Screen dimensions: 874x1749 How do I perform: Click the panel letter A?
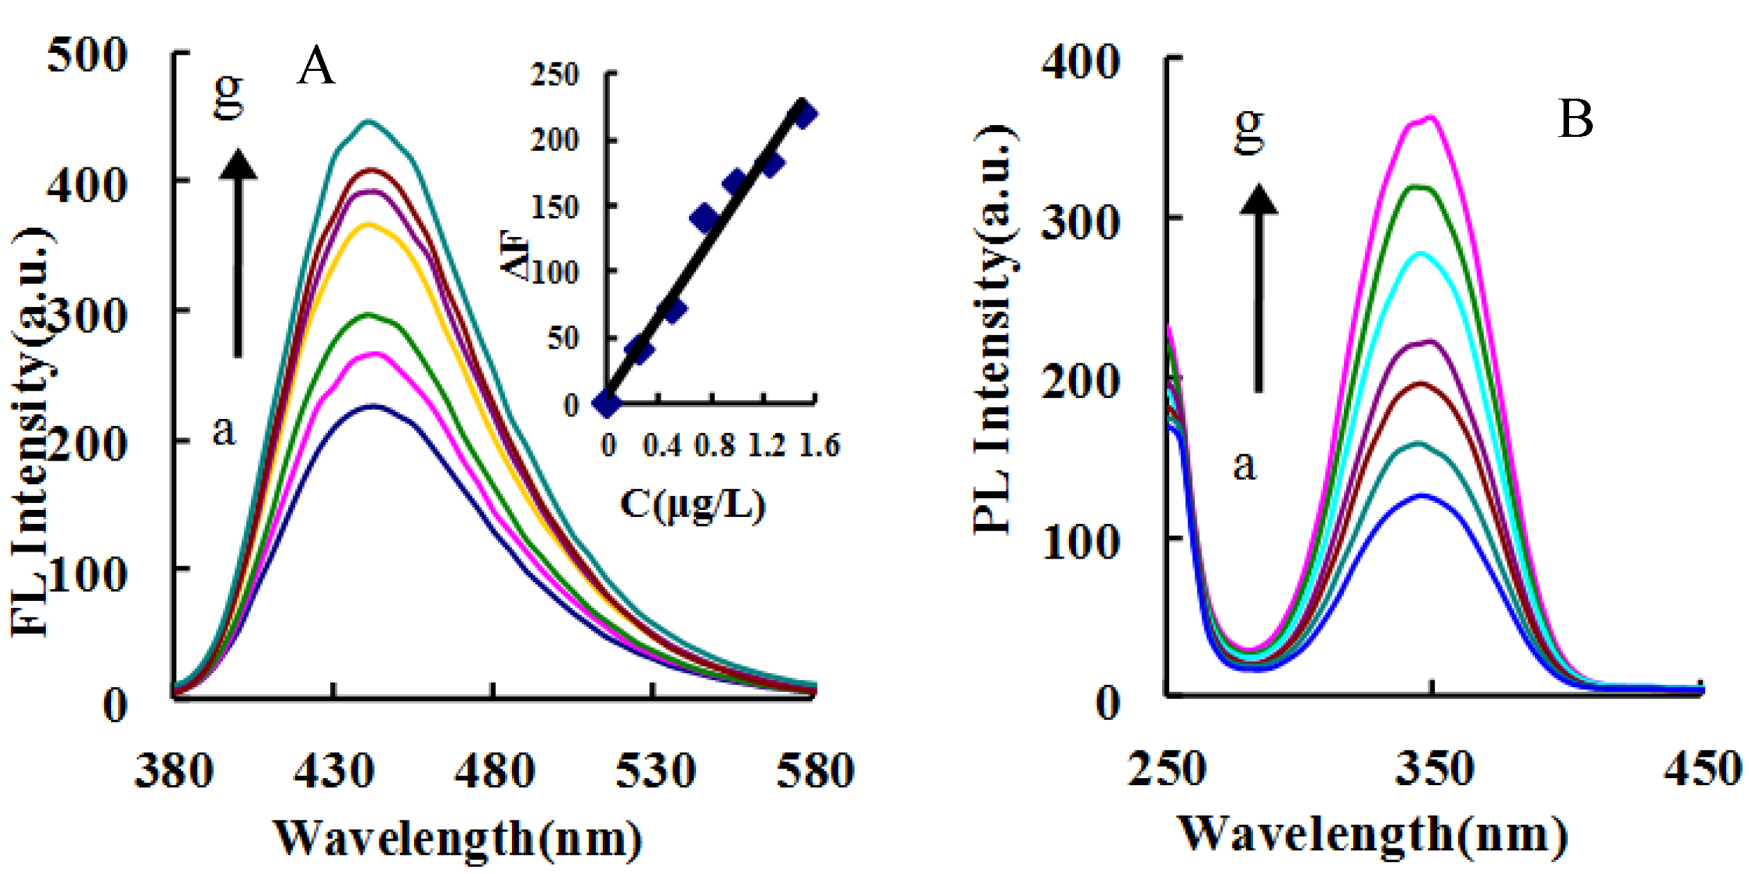click(317, 67)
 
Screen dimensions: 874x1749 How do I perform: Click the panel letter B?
click(1576, 119)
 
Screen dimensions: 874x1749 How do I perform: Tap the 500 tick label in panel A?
click(88, 56)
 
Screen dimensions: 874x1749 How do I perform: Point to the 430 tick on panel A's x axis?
click(334, 771)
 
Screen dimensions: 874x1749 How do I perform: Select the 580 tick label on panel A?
click(815, 771)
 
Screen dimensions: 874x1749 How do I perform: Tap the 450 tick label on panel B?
click(1702, 769)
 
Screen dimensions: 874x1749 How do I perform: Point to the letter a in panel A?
click(224, 431)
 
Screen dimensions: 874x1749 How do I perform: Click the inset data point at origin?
click(607, 402)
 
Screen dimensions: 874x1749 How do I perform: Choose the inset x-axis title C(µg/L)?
click(693, 505)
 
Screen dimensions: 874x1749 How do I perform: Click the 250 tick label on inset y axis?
click(555, 75)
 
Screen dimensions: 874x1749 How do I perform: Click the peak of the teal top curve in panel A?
click(369, 122)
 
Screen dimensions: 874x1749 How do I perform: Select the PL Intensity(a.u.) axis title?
click(994, 330)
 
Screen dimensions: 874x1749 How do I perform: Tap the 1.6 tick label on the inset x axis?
click(820, 445)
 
